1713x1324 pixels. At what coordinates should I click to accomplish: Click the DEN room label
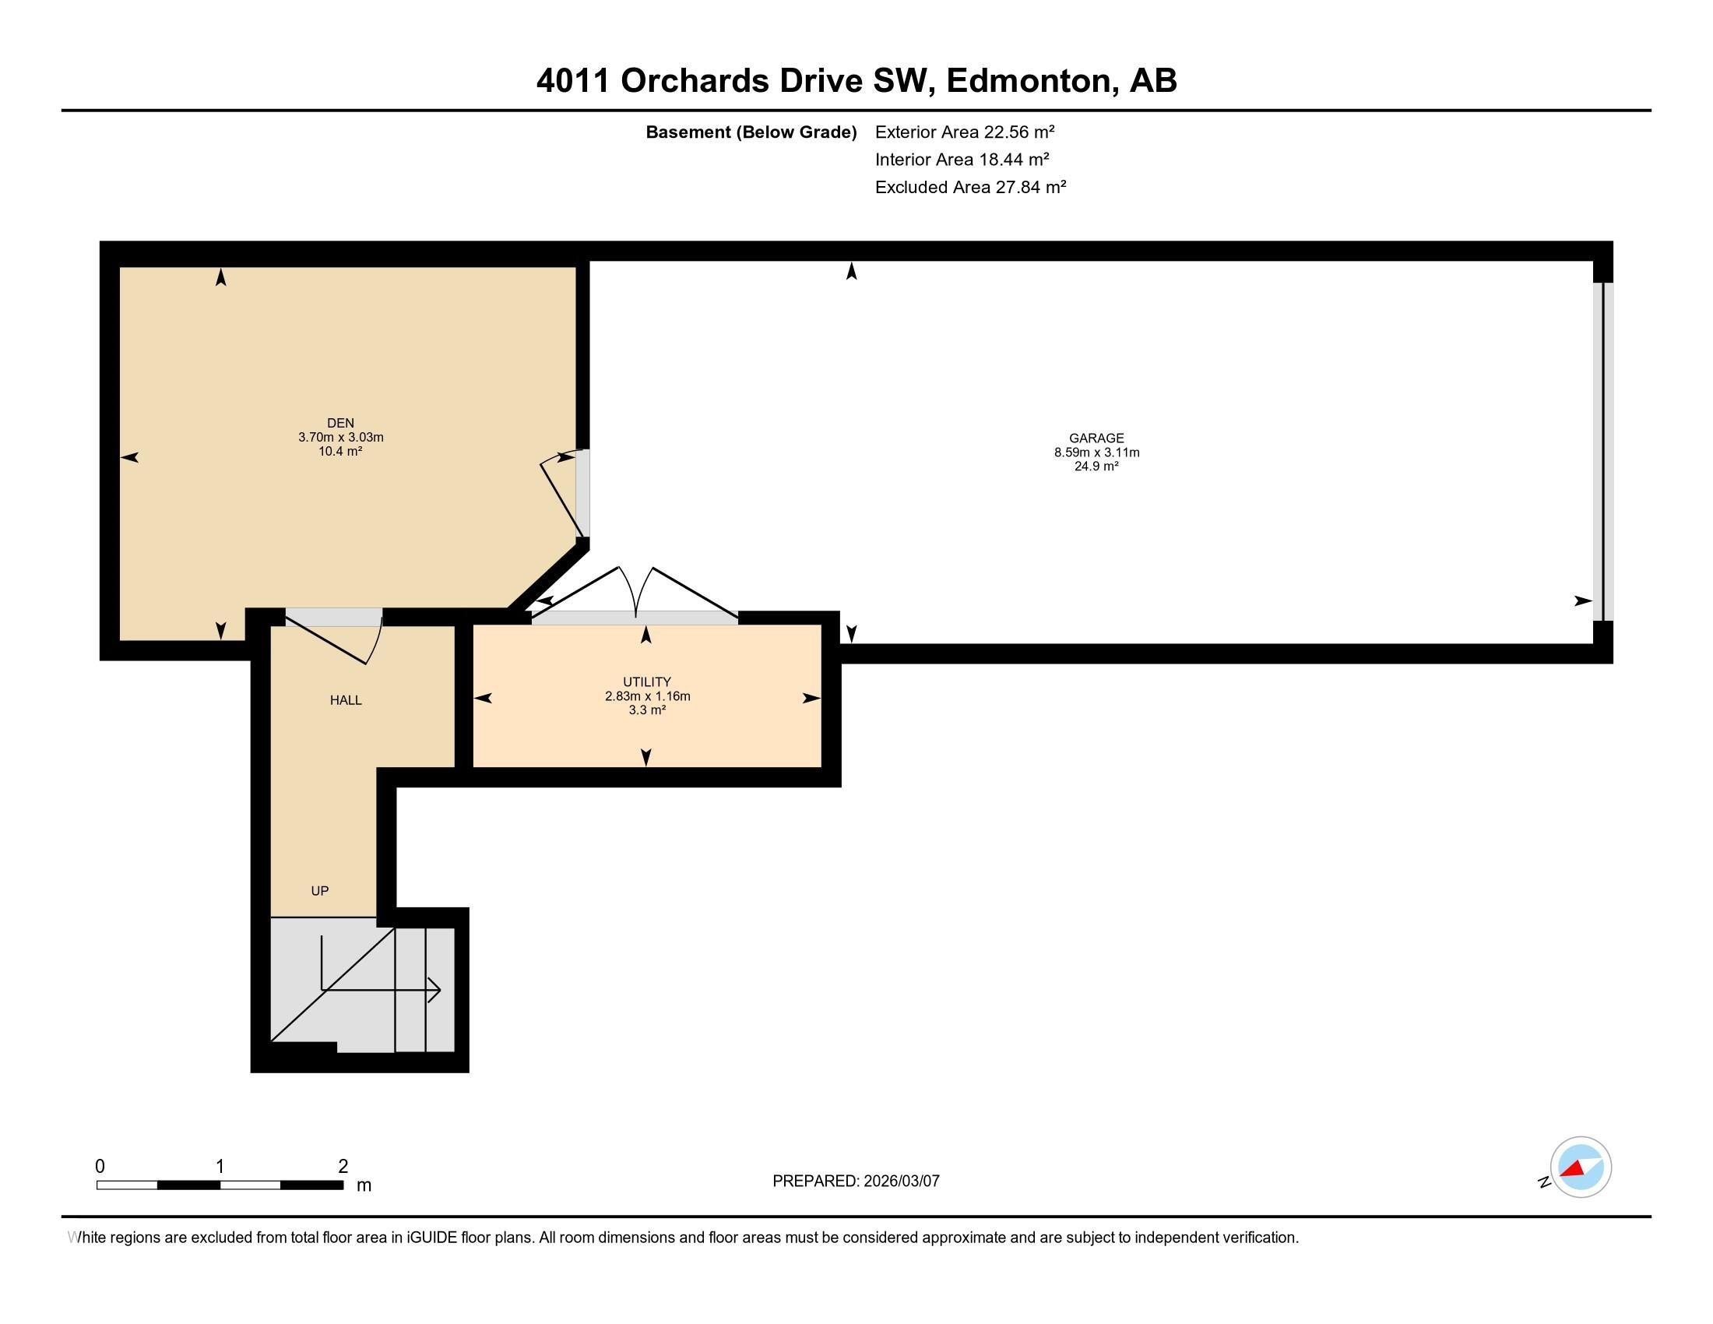click(x=340, y=423)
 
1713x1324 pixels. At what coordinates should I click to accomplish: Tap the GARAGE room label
click(x=1096, y=438)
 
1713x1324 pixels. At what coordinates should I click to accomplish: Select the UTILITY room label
click(x=646, y=681)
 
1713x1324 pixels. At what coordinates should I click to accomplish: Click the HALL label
click(x=345, y=699)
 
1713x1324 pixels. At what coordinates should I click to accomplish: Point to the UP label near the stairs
click(x=319, y=890)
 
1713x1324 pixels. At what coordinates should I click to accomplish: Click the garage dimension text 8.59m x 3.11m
click(x=1096, y=452)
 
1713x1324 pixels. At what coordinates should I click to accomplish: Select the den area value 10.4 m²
click(x=340, y=451)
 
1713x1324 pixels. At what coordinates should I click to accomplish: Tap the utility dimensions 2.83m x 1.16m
click(x=647, y=695)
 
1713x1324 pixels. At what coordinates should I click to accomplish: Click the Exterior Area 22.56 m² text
click(x=964, y=132)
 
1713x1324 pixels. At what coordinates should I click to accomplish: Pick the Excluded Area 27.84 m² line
click(x=970, y=187)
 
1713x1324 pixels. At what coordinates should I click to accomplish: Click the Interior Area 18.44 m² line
click(x=962, y=159)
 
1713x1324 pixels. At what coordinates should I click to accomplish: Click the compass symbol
click(x=1580, y=1167)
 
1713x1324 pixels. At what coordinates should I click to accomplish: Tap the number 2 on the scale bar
click(x=343, y=1167)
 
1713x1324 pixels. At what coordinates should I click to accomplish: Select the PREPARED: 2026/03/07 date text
click(x=856, y=1181)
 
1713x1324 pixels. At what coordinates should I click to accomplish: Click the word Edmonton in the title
click(x=1032, y=81)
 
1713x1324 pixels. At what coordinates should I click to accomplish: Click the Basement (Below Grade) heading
click(x=751, y=132)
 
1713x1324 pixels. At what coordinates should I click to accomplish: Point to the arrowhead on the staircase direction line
click(x=435, y=990)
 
